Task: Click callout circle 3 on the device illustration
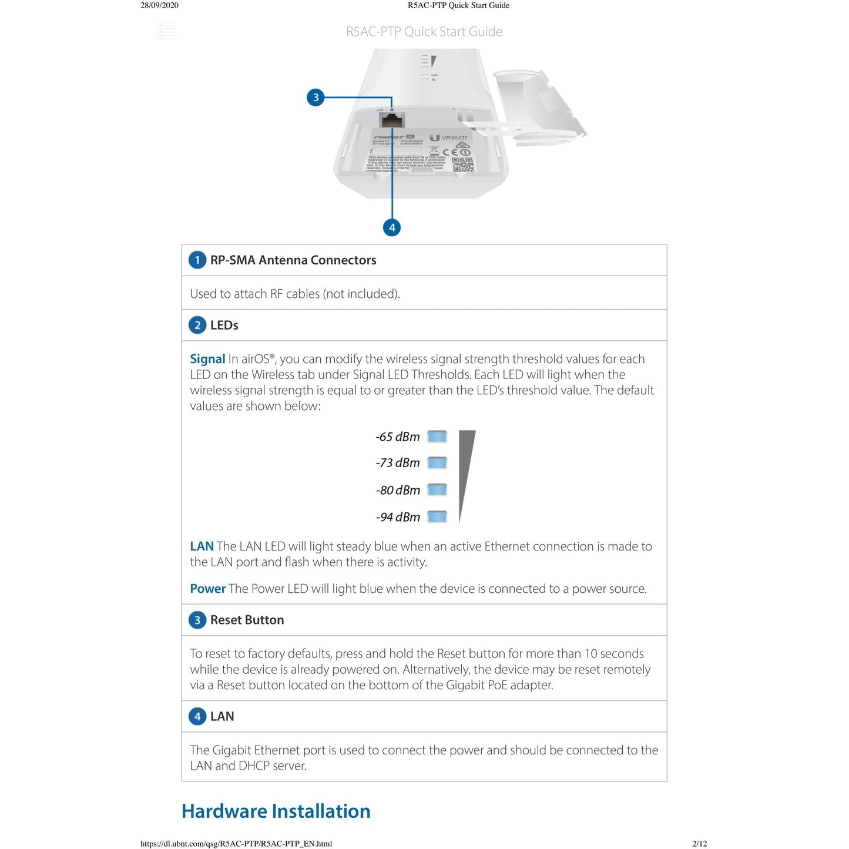click(316, 98)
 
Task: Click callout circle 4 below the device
click(392, 227)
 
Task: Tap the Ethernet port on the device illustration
click(392, 120)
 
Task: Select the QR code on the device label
click(462, 165)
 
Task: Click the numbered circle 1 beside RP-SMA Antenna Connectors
click(197, 260)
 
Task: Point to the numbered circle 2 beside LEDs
click(197, 325)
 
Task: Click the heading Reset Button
click(247, 620)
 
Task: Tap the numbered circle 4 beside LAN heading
click(197, 716)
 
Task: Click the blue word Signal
click(207, 359)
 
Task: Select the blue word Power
click(207, 589)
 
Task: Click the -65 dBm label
click(398, 437)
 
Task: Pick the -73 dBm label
click(398, 463)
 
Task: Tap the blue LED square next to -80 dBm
click(437, 490)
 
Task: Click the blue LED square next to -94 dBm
click(437, 517)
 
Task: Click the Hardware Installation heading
click(276, 811)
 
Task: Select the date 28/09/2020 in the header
click(159, 5)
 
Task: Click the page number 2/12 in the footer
click(699, 844)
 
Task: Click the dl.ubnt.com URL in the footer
click(236, 844)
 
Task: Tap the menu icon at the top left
click(166, 31)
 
